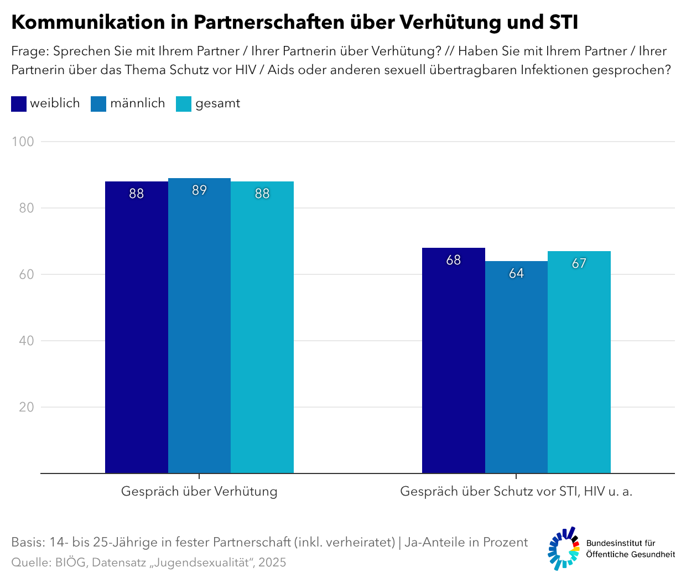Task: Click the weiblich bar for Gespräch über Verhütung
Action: [136, 327]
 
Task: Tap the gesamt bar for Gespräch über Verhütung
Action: [262, 327]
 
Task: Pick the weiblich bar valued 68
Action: [453, 360]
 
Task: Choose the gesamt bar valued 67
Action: [579, 362]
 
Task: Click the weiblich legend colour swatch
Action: [19, 104]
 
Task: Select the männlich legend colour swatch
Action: [98, 104]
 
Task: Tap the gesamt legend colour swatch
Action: [184, 104]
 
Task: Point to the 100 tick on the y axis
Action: [23, 142]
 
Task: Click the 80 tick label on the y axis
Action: [26, 208]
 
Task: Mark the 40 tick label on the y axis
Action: [26, 341]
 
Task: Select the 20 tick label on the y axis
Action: [26, 407]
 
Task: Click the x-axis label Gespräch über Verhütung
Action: [199, 491]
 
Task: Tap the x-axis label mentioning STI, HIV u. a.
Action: [516, 491]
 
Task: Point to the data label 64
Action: [516, 273]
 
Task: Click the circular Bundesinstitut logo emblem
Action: [564, 548]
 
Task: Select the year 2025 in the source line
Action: [272, 563]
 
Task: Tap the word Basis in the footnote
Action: [27, 542]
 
